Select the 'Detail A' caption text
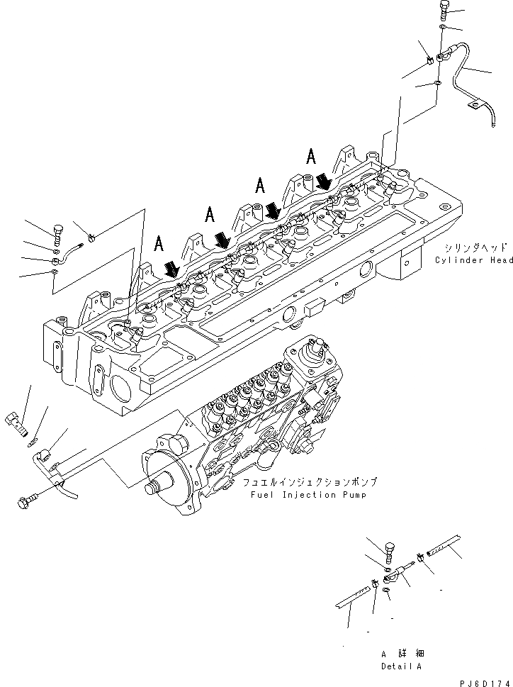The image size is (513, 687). tap(401, 666)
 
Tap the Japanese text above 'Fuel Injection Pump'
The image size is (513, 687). tap(310, 482)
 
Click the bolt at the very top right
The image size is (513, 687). tap(444, 9)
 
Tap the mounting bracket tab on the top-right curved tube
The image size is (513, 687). tap(471, 107)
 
